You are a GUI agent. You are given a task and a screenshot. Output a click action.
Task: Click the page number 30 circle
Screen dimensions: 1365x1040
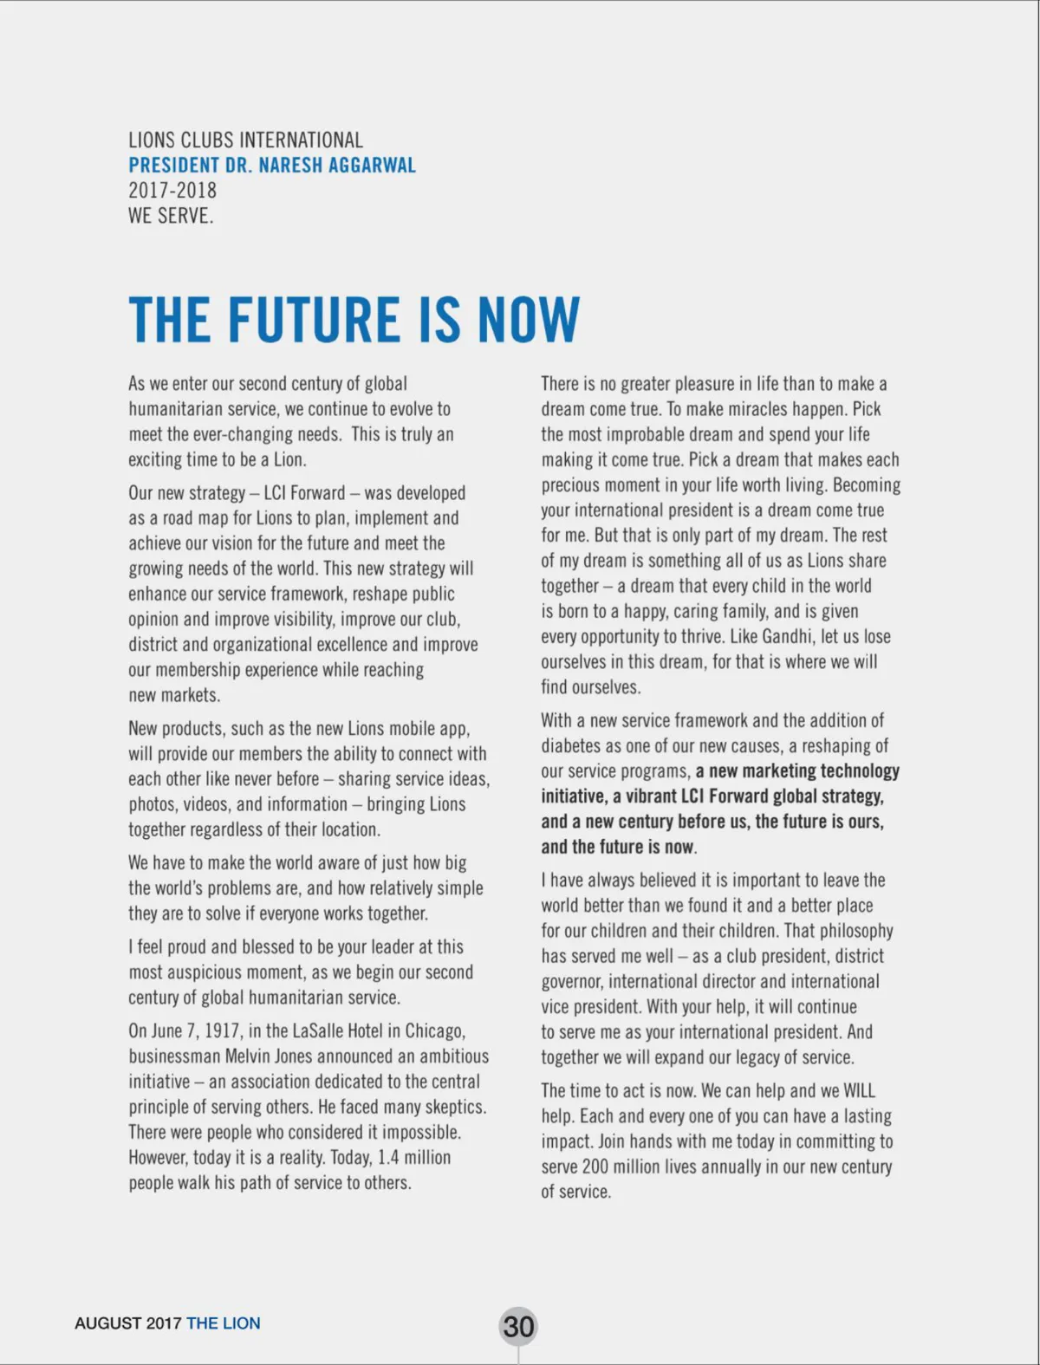click(x=518, y=1326)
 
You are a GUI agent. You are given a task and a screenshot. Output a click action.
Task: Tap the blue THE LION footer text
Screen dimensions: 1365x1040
click(x=223, y=1323)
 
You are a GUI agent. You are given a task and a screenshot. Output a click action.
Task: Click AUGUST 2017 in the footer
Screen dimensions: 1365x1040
click(x=128, y=1323)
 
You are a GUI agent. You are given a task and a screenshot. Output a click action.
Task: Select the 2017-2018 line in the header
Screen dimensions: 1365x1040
click(x=172, y=191)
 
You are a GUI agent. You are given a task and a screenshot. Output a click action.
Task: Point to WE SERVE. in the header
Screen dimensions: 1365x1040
click(x=171, y=216)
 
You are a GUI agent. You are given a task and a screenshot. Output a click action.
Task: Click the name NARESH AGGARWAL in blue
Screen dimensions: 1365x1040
click(x=337, y=166)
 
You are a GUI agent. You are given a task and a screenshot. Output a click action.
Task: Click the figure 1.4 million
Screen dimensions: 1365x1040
click(x=413, y=1158)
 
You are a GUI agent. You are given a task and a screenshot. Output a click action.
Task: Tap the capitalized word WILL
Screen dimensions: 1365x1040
click(x=859, y=1090)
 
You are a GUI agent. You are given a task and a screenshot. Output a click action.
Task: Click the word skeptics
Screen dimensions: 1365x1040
click(x=455, y=1107)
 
